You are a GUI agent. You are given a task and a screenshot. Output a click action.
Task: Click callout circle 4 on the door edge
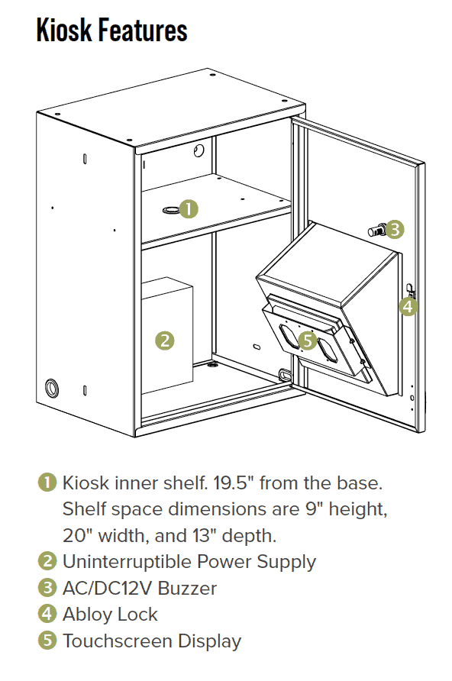(x=408, y=307)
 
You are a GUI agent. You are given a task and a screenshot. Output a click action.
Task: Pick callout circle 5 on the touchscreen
(x=308, y=341)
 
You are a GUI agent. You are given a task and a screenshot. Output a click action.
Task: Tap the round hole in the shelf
(x=169, y=208)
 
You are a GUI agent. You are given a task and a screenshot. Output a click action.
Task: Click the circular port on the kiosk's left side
(x=53, y=386)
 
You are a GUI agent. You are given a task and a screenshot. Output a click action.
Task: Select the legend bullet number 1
(x=47, y=483)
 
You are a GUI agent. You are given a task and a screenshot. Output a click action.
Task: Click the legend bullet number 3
(x=47, y=589)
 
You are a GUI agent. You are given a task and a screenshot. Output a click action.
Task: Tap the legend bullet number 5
(x=47, y=641)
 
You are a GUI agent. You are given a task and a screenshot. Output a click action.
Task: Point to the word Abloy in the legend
(x=86, y=615)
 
